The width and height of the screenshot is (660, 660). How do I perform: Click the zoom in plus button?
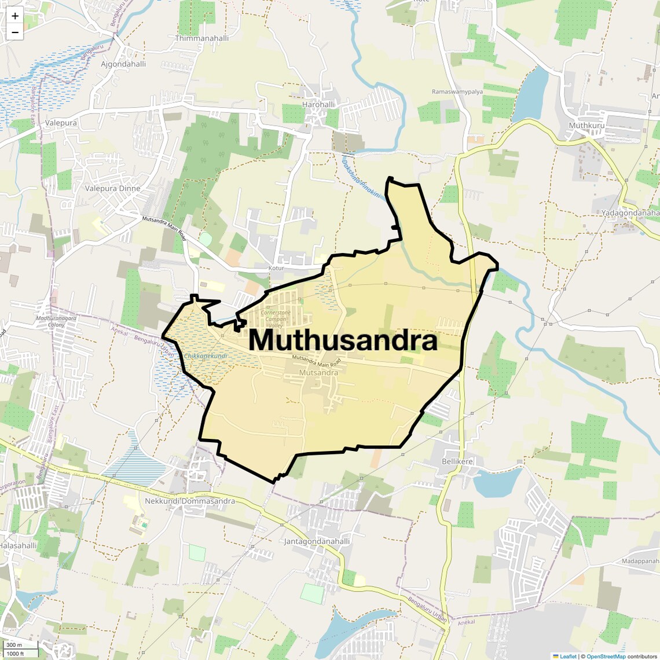pos(15,16)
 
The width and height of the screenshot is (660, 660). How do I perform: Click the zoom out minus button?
pos(15,32)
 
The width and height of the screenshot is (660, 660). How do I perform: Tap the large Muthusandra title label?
pos(343,340)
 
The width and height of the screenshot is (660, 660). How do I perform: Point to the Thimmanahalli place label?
pos(202,38)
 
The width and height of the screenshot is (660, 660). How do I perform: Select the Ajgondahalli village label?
pos(123,64)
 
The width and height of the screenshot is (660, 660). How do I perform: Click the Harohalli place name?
pos(318,105)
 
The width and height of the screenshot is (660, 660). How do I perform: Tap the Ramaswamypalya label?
pos(457,92)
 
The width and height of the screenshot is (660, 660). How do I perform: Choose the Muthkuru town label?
pos(586,126)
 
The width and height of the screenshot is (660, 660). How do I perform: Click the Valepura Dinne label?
pos(112,188)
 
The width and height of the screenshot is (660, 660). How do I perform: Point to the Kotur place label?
pos(277,269)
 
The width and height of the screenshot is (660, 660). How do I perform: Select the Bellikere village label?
pos(457,461)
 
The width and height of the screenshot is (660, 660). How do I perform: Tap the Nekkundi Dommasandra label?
pos(190,501)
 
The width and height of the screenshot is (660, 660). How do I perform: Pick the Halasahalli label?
pos(19,545)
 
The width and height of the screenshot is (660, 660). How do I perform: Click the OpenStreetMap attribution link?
pos(606,656)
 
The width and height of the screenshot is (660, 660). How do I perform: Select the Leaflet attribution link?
pos(568,656)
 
